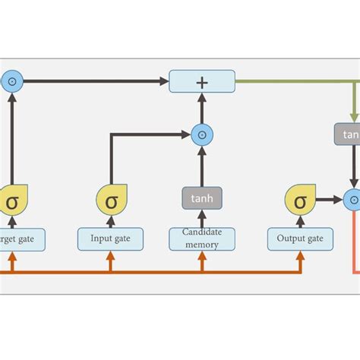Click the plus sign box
tap(202, 81)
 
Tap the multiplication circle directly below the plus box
tap(202, 134)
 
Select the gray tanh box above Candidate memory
tap(202, 198)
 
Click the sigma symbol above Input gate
tap(111, 201)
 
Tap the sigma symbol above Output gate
tap(301, 201)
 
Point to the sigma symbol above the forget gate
tap(13, 201)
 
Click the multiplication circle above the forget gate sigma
tap(12, 81)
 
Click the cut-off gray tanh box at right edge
tap(348, 134)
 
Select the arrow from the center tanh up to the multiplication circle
tap(202, 166)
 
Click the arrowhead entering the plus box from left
tap(163, 81)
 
